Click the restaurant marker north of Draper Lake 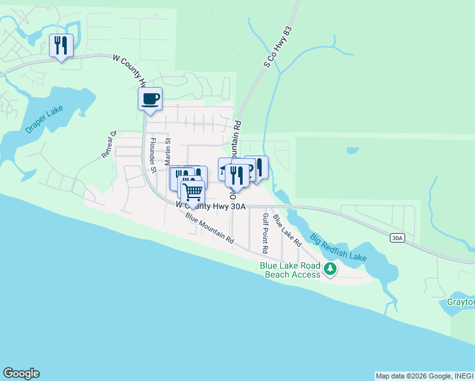[x=62, y=45]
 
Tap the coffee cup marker [x=150, y=99]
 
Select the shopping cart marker [x=192, y=190]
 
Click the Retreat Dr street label [x=110, y=144]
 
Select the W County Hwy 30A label [x=210, y=206]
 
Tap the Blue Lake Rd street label [x=287, y=230]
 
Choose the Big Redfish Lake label [x=338, y=248]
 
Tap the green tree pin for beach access [x=330, y=269]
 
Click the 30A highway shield [x=397, y=237]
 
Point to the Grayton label [x=461, y=302]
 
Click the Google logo [x=21, y=373]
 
